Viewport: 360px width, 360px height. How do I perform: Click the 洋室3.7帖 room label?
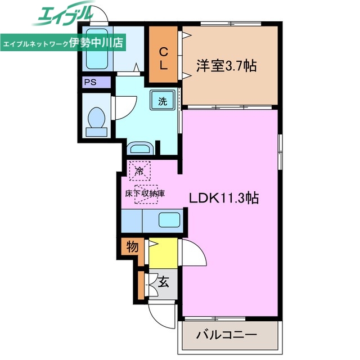pos(226,66)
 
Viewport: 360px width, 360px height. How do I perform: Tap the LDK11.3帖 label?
pos(224,198)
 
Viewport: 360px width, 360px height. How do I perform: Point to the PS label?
pos(90,82)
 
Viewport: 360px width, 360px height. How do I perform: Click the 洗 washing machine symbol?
pos(162,102)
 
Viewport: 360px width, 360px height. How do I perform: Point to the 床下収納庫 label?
pos(145,193)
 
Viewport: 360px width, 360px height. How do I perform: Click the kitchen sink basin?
pos(168,219)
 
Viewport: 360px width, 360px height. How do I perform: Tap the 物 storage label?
pos(132,246)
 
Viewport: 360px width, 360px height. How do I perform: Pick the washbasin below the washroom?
pos(139,149)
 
